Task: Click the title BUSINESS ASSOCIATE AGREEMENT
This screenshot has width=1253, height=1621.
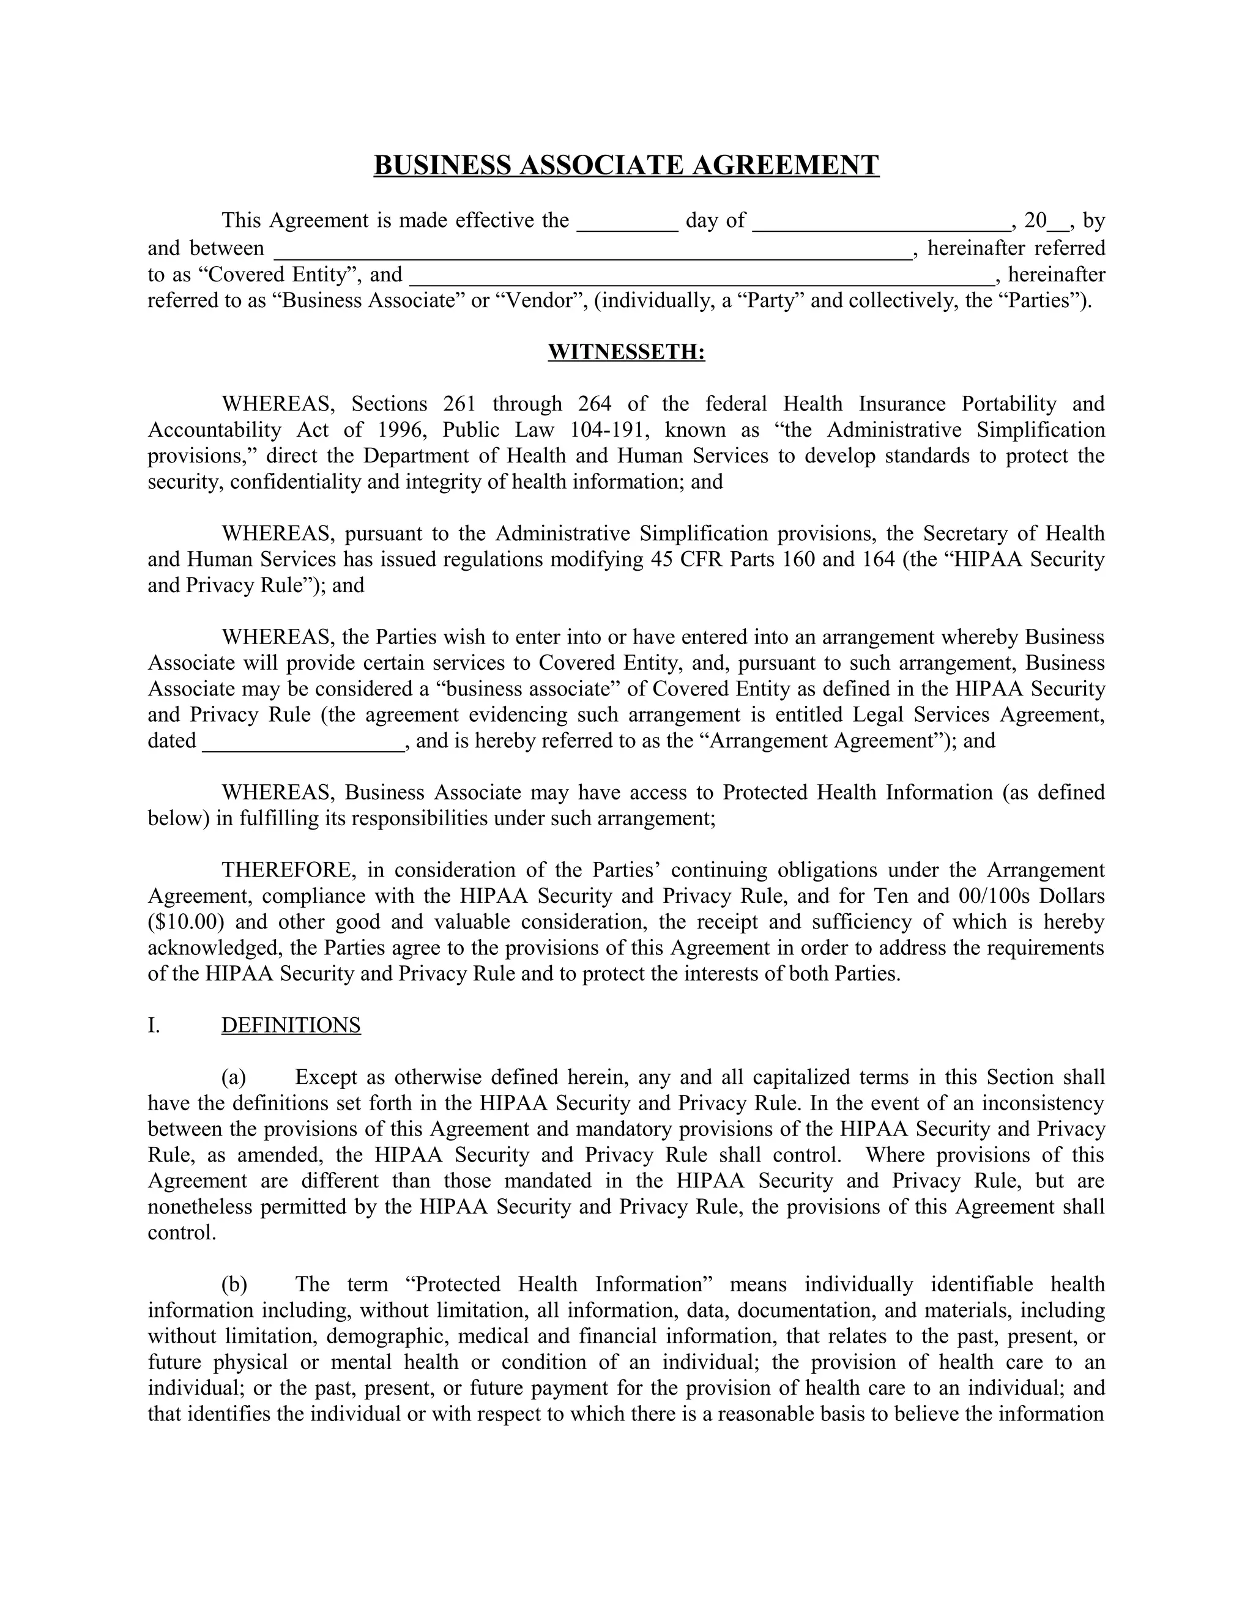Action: click(x=626, y=165)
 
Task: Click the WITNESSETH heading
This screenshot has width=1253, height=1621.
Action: click(x=626, y=352)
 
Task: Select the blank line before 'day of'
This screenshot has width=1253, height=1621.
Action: click(x=627, y=223)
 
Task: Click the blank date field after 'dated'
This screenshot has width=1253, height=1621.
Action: click(x=303, y=741)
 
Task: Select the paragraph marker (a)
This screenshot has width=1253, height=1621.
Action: click(x=234, y=1077)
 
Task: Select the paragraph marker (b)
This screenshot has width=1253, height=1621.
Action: click(x=234, y=1284)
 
